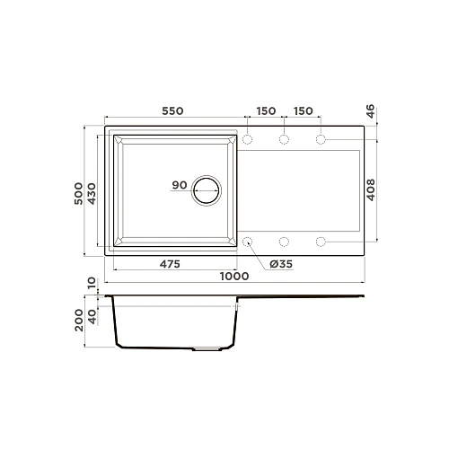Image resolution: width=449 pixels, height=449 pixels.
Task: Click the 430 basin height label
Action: click(x=92, y=191)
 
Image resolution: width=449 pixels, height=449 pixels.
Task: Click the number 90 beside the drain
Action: click(x=178, y=186)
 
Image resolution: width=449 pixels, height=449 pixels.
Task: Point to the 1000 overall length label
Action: click(x=235, y=277)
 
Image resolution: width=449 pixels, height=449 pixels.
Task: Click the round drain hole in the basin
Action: click(x=207, y=190)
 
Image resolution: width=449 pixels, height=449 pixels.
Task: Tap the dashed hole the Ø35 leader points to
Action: click(x=247, y=241)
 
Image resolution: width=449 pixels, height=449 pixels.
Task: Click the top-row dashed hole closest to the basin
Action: click(x=247, y=139)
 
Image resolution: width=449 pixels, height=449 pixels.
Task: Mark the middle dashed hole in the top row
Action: click(x=284, y=139)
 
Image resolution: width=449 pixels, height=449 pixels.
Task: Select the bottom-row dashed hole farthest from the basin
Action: click(x=321, y=241)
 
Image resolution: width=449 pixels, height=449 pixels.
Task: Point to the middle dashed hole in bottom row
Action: click(x=284, y=241)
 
